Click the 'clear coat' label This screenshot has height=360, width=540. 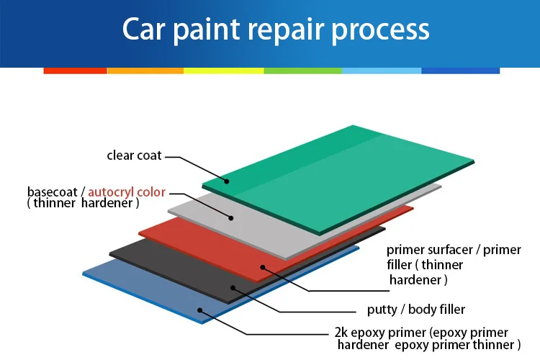pyautogui.click(x=134, y=155)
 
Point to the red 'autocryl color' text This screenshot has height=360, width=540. pyautogui.click(x=127, y=192)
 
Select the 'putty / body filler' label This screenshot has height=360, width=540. pyautogui.click(x=411, y=310)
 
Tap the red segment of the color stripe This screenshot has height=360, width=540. pyautogui.click(x=75, y=71)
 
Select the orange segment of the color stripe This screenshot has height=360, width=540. pyautogui.click(x=145, y=71)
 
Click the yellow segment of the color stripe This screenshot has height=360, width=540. pyautogui.click(x=223, y=71)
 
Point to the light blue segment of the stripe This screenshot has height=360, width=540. pyautogui.click(x=382, y=71)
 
